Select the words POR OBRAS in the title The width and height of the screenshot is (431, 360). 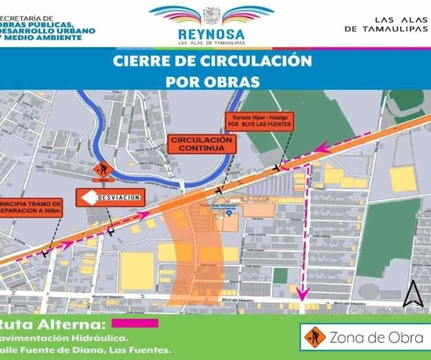point(213,81)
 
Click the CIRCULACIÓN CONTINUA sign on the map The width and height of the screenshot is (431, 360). point(202,144)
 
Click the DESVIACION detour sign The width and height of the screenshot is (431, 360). point(111,197)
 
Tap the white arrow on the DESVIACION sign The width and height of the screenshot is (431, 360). point(88,197)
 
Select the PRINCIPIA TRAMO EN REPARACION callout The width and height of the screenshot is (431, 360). point(32,208)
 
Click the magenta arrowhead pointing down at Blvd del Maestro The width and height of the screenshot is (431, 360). point(301,297)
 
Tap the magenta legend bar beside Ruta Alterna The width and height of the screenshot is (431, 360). point(135,323)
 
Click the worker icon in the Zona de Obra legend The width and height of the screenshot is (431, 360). point(313,337)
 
